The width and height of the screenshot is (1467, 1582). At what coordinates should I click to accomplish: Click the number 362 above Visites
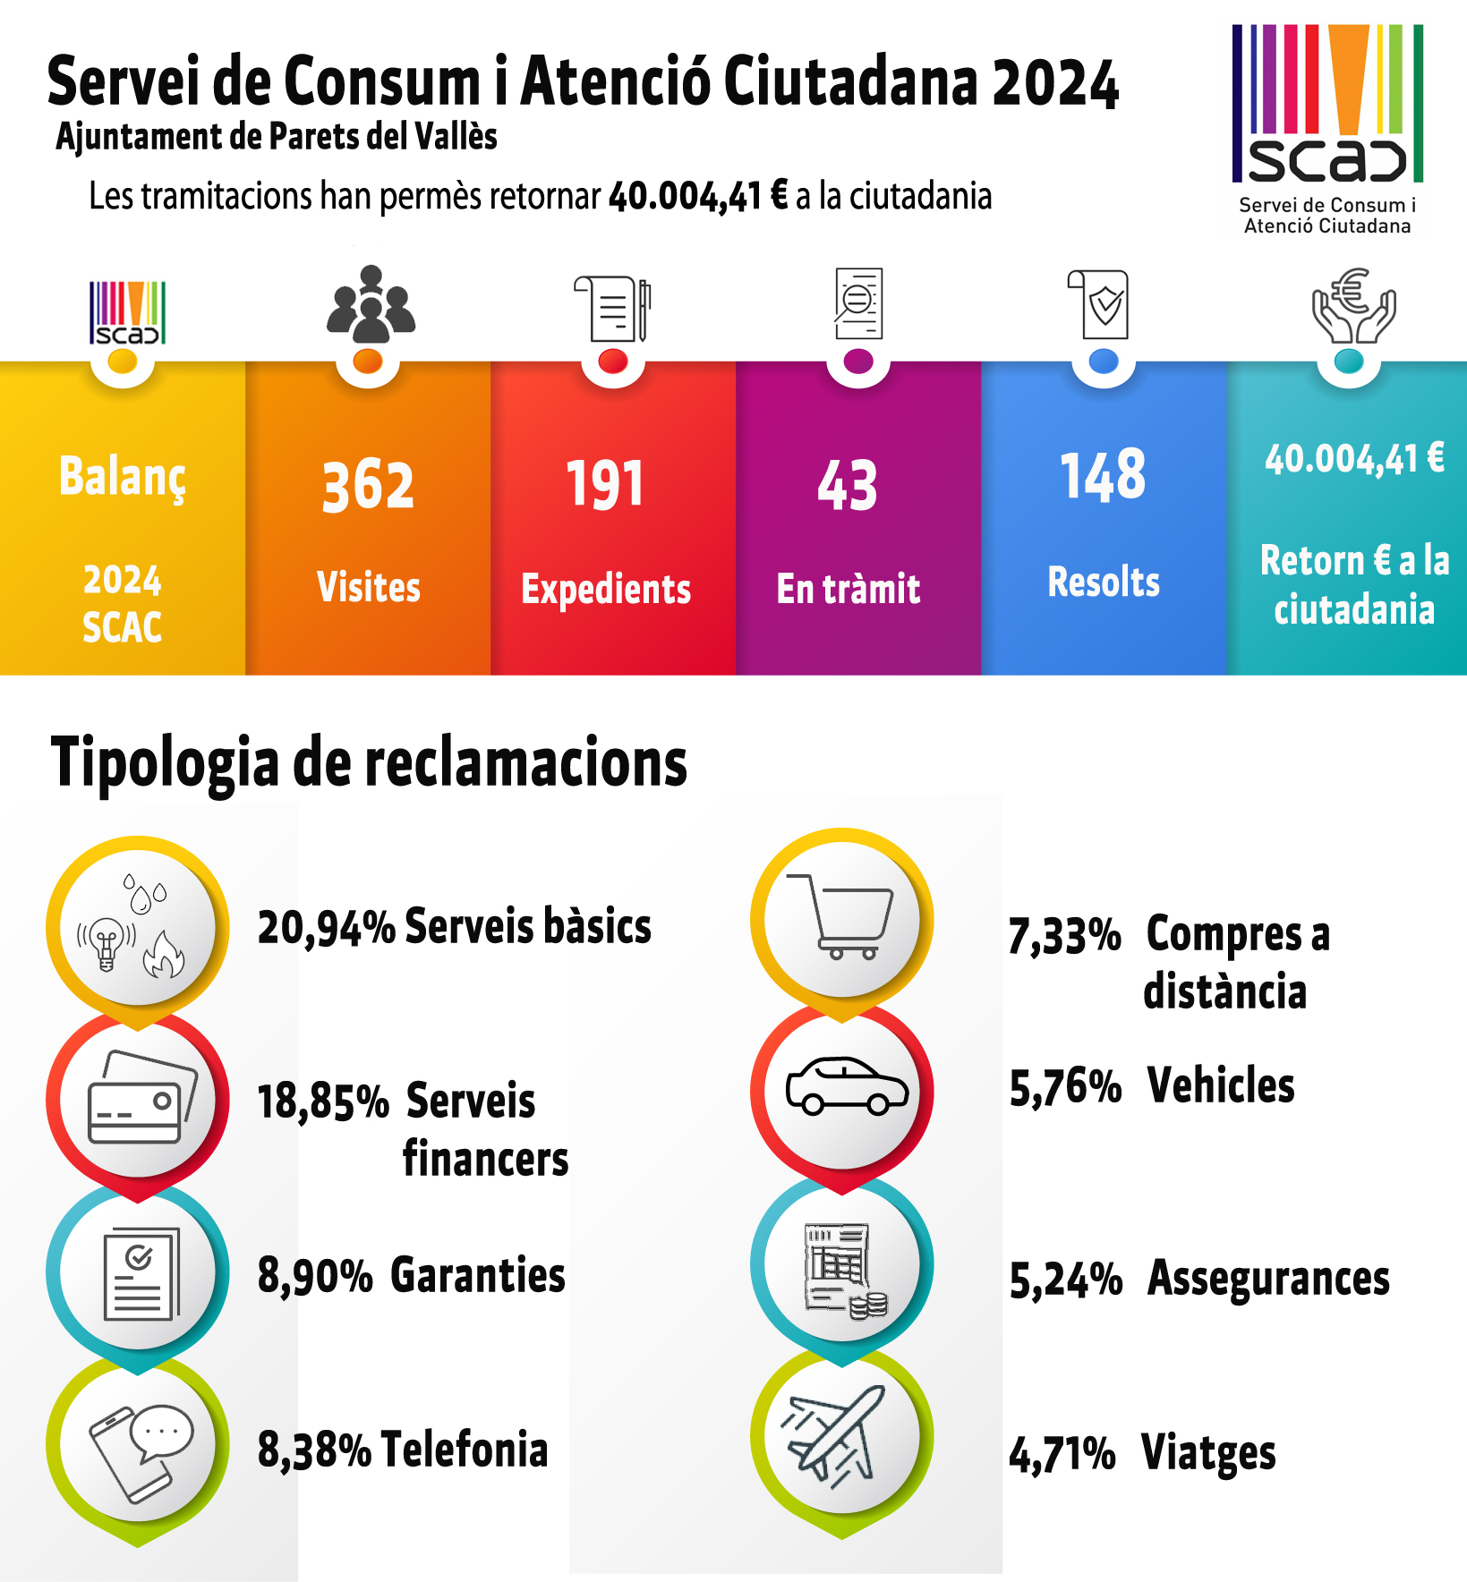point(368,486)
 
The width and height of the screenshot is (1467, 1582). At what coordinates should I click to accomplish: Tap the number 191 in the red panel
point(605,484)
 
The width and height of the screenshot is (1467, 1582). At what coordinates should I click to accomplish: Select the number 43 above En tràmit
point(848,486)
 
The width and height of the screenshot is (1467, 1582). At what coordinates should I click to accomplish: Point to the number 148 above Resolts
point(1103,475)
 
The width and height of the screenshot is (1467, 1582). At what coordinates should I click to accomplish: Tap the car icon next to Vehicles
point(846,1086)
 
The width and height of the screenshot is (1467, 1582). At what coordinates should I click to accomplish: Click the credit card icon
point(141,1098)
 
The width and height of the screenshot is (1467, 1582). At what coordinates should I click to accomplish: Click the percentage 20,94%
point(326,928)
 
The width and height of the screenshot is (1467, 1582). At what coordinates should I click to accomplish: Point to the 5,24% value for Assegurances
point(1065,1280)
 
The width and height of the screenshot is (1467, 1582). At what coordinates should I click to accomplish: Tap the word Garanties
point(478,1276)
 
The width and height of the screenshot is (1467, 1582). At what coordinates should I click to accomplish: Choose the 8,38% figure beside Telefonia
point(314,1450)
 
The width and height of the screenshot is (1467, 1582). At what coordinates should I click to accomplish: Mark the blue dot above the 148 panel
point(1105,361)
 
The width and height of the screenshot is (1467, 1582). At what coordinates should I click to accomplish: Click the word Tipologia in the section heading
point(166,763)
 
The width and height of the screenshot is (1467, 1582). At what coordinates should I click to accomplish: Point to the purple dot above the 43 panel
point(858,361)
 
